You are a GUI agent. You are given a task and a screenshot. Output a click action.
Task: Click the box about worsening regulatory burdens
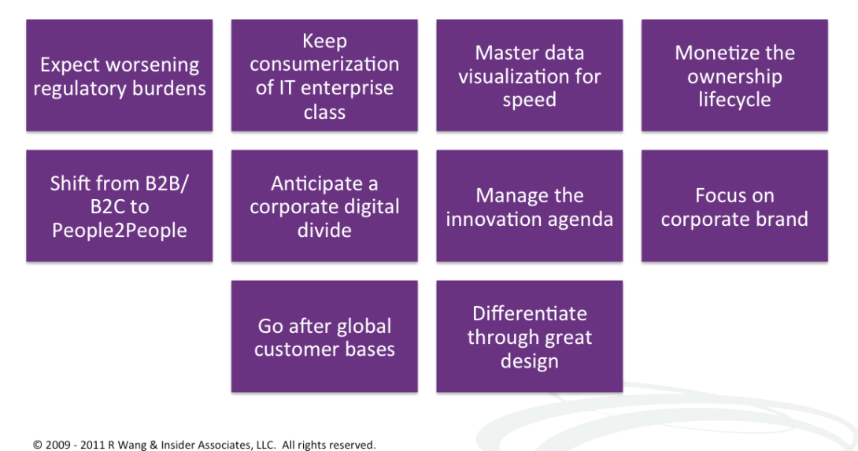[120, 76]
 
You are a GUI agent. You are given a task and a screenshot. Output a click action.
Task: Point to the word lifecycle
[734, 100]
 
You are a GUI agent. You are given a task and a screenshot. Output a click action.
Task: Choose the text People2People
[120, 231]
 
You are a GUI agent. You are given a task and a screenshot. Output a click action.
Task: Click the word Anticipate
[316, 184]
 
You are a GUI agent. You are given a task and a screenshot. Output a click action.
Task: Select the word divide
[324, 231]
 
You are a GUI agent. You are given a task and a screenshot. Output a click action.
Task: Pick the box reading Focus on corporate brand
[734, 205]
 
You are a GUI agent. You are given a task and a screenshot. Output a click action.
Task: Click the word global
[364, 327]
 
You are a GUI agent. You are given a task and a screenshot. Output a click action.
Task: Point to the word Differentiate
[530, 314]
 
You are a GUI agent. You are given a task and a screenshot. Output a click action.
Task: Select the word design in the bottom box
[530, 362]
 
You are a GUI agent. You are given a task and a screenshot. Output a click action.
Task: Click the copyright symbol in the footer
[37, 445]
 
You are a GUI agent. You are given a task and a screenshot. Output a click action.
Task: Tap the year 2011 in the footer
[92, 445]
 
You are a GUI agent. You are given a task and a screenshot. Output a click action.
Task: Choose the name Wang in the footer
[128, 445]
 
